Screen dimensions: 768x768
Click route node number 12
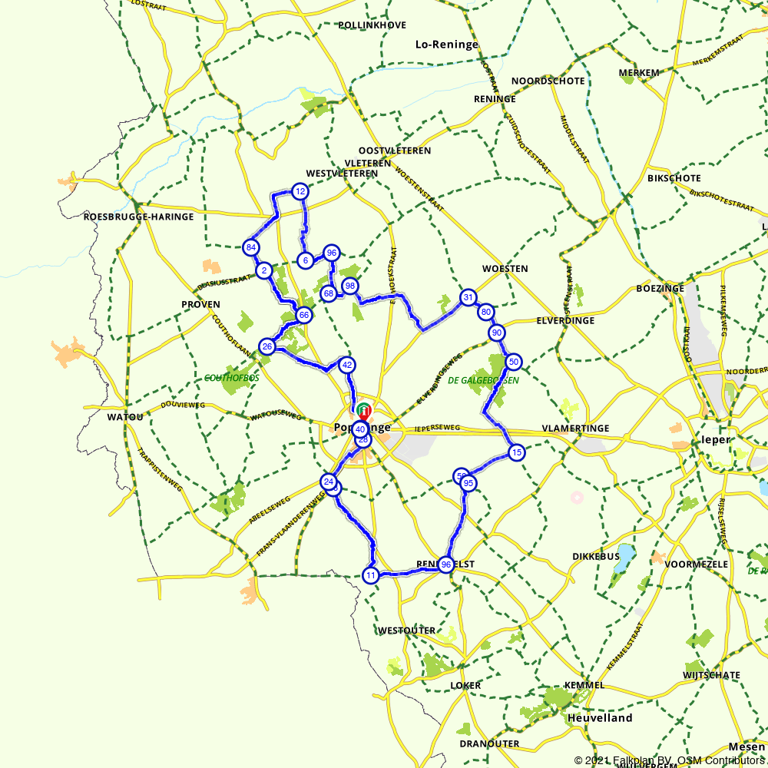300,191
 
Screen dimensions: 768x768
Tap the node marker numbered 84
250,247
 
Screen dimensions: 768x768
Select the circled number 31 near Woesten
468,297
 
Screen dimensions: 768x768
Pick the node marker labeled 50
514,362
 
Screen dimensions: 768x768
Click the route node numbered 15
517,452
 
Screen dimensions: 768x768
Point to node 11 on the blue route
371,575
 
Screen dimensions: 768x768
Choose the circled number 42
347,365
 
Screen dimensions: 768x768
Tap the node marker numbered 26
267,346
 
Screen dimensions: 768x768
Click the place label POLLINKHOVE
372,25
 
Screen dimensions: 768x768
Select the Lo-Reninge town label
446,45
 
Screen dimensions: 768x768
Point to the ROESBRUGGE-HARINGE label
138,217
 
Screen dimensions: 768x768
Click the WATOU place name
126,417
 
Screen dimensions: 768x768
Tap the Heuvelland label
600,718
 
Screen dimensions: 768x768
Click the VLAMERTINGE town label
575,428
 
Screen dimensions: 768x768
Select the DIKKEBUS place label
596,556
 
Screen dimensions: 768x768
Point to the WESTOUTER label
406,631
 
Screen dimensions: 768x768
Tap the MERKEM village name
639,73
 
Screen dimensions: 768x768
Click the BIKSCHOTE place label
674,178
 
